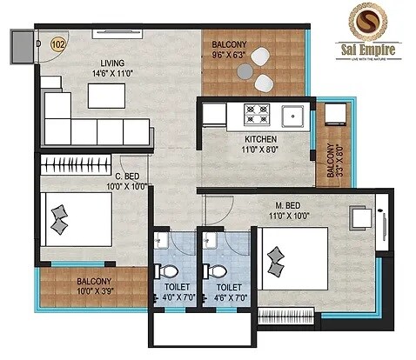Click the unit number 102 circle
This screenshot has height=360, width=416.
[59, 42]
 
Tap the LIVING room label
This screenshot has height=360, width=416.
[111, 63]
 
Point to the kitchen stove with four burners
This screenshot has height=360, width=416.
[257, 112]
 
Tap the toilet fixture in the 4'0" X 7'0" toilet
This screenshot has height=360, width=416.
[161, 269]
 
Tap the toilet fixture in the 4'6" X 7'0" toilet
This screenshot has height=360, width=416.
[211, 269]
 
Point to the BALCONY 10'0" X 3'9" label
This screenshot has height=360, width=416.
[93, 282]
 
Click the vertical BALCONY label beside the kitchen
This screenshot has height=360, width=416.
[331, 161]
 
